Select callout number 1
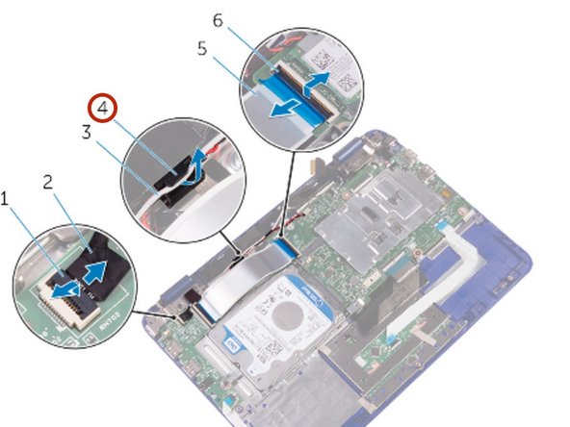pos(7,198)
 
